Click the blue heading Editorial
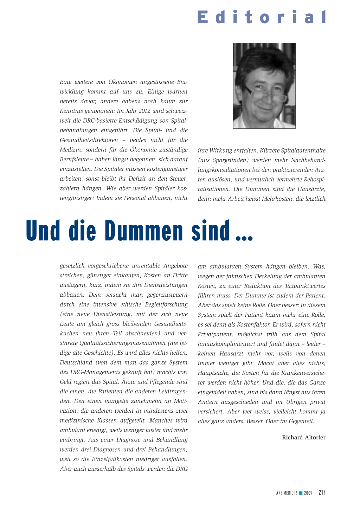click(x=262, y=17)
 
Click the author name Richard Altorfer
click(x=304, y=437)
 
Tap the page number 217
click(x=322, y=492)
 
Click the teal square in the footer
click(x=301, y=493)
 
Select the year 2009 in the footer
click(x=308, y=493)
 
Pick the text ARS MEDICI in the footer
click(x=285, y=493)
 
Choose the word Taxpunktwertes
click(x=305, y=286)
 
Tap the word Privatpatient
click(x=215, y=334)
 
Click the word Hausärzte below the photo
click(x=311, y=189)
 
